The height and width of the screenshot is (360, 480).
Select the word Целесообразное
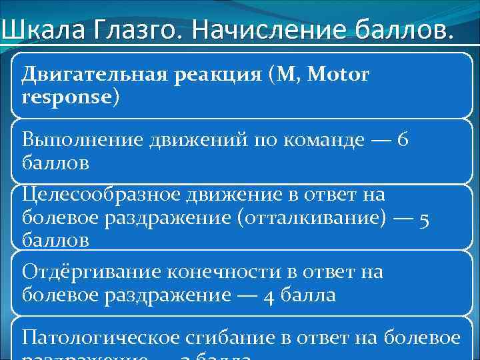click(x=97, y=195)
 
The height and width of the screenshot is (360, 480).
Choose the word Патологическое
click(x=103, y=338)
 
